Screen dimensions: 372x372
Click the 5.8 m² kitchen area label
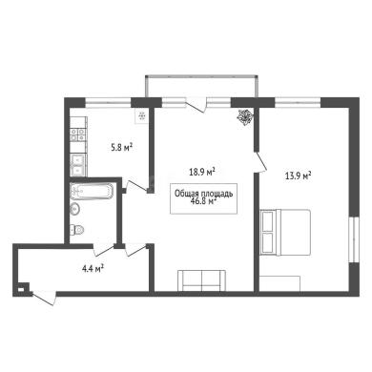[x=121, y=148]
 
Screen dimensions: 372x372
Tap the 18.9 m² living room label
[x=202, y=172]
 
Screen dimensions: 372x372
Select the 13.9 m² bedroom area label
[x=298, y=176]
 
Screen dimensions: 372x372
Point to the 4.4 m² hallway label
[x=93, y=269]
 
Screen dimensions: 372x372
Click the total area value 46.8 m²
[x=203, y=201]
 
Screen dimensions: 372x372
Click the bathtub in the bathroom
[x=92, y=191]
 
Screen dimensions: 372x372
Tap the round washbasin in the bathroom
[x=75, y=209]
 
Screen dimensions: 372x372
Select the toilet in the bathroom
[x=77, y=229]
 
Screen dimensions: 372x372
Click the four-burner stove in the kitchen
[x=78, y=134]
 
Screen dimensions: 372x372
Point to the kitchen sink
[x=78, y=164]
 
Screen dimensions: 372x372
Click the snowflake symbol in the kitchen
[x=142, y=116]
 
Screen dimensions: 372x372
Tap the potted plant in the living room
[x=245, y=117]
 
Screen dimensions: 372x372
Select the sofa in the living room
[x=202, y=280]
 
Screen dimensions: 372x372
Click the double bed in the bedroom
[x=285, y=232]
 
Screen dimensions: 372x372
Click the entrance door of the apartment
[x=44, y=299]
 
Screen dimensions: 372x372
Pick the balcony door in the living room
[x=196, y=105]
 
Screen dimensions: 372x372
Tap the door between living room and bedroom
[x=260, y=162]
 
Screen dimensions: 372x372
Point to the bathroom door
[x=104, y=250]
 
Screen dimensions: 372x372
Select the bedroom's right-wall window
[x=354, y=239]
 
